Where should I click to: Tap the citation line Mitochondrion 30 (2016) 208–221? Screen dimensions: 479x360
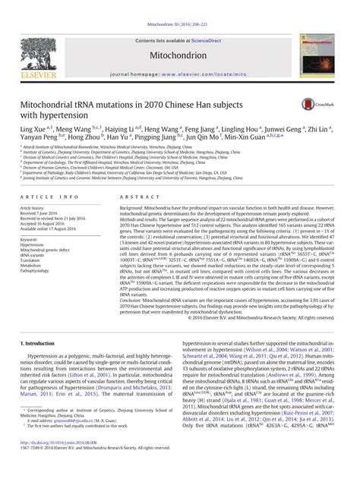(180, 6)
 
